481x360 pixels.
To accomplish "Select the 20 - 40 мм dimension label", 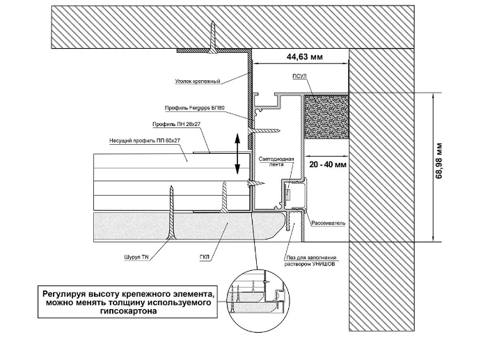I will click(x=325, y=165).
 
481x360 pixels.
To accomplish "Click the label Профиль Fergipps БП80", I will click(x=194, y=109).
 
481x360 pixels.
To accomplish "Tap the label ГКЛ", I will click(x=205, y=257).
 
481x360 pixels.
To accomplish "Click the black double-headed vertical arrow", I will click(x=238, y=153).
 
